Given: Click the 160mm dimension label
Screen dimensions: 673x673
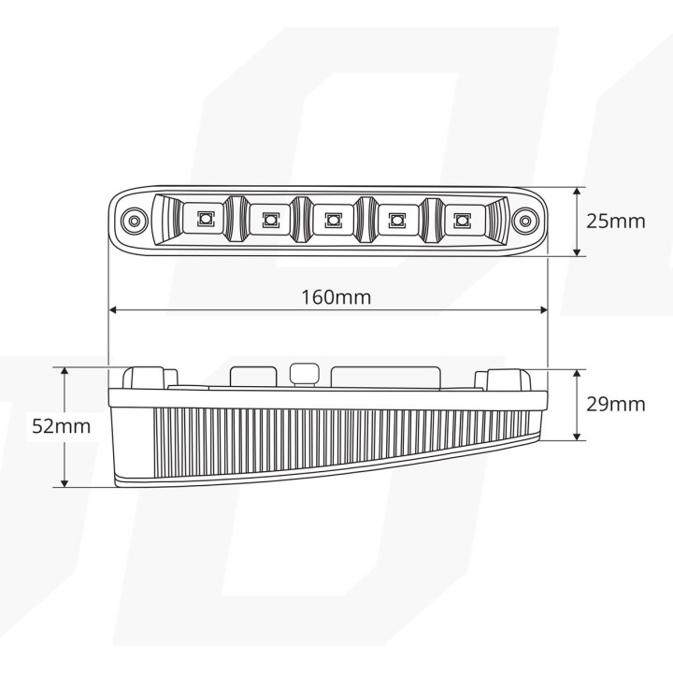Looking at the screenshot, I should click(x=336, y=297).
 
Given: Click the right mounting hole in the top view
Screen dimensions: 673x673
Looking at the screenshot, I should click(x=524, y=221).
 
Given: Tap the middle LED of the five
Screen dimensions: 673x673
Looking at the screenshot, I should click(x=332, y=220).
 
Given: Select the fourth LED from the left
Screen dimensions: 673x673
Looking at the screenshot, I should click(x=396, y=220).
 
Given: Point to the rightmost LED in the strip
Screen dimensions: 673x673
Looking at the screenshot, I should click(x=460, y=220).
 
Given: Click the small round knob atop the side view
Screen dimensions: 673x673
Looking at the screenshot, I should click(x=302, y=371).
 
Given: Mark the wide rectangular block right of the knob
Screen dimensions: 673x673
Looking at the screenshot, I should click(x=385, y=376).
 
